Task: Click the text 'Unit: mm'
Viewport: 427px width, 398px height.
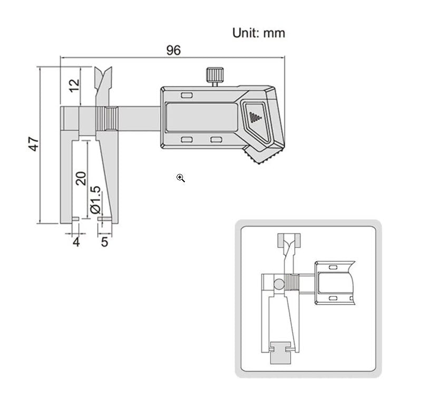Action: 258,33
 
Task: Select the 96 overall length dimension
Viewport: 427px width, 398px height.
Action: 173,50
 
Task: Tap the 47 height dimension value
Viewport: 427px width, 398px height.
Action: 34,144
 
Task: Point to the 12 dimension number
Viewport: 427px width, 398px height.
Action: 74,83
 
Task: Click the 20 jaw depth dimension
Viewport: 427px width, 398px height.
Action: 80,178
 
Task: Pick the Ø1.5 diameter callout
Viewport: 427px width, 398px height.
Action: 95,200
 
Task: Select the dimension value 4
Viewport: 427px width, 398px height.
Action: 76,242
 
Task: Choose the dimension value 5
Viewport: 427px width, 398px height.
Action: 104,242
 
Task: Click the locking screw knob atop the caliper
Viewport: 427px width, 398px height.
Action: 213,76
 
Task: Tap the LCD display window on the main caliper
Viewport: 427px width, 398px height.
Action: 200,117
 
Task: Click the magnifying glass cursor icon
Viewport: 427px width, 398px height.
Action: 181,178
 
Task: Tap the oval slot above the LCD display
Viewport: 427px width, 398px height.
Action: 187,95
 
